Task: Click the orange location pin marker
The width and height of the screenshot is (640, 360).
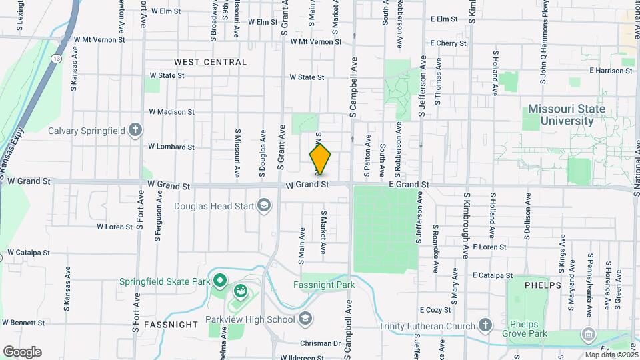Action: pyautogui.click(x=320, y=159)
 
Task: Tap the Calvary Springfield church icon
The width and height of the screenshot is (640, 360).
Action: pyautogui.click(x=135, y=129)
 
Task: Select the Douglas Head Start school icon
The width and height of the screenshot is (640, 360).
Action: pyautogui.click(x=264, y=205)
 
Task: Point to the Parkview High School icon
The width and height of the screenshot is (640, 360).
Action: pyautogui.click(x=305, y=319)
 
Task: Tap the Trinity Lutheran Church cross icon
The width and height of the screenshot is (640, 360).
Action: pyautogui.click(x=485, y=325)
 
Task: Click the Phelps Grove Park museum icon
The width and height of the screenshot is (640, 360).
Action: pyautogui.click(x=587, y=333)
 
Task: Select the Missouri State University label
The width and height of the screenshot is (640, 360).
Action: pyautogui.click(x=567, y=115)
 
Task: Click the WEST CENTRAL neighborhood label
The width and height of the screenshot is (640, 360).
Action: pyautogui.click(x=210, y=62)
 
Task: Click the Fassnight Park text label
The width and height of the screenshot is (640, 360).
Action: pyautogui.click(x=324, y=285)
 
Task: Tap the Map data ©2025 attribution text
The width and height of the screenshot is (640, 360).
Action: pyautogui.click(x=610, y=355)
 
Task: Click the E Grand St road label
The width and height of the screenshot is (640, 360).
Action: pyautogui.click(x=405, y=184)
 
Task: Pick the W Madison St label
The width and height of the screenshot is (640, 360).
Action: pyautogui.click(x=172, y=112)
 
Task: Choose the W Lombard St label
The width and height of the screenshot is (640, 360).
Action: pyautogui.click(x=171, y=147)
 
